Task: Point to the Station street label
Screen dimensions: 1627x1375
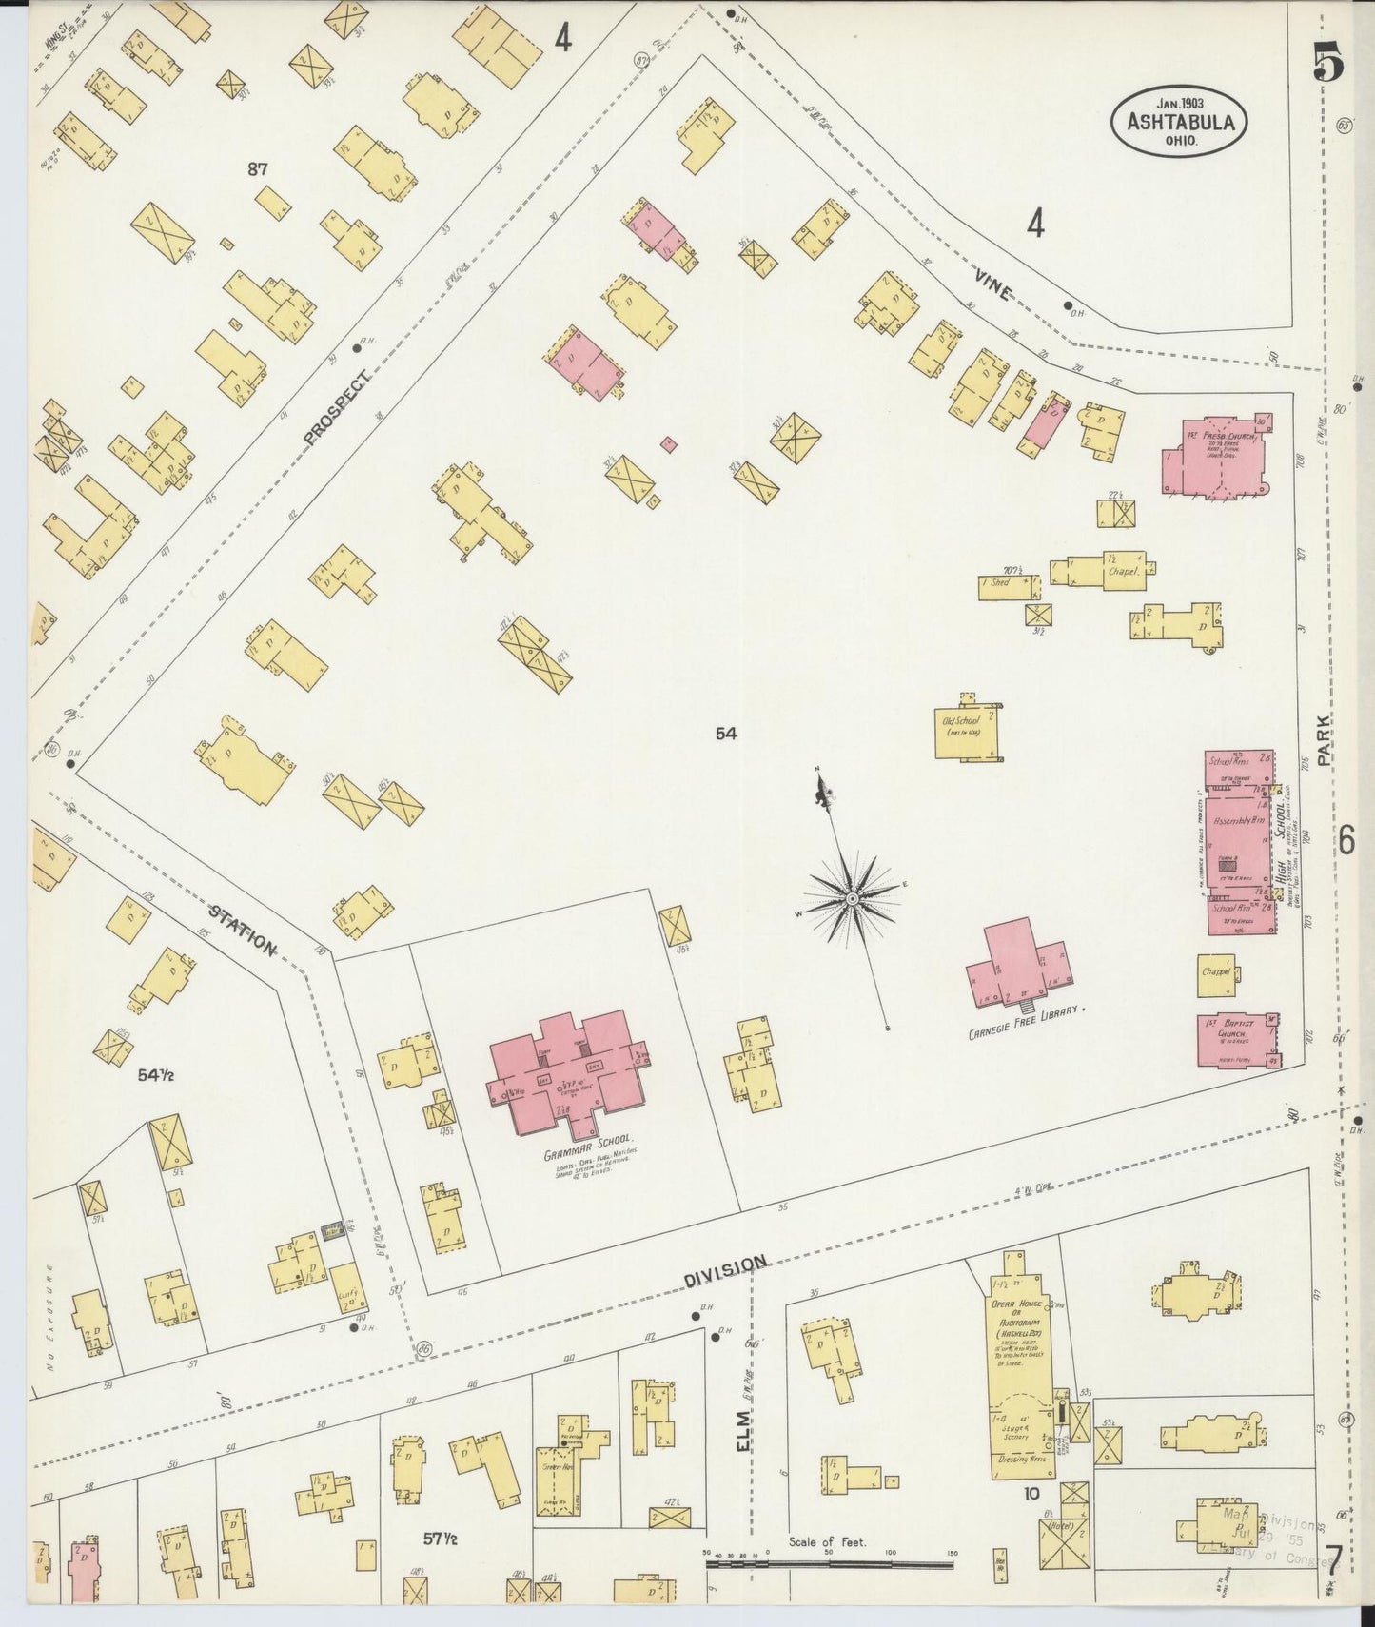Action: point(243,931)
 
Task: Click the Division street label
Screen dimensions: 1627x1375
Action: point(724,1269)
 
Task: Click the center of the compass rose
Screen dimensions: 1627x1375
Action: point(853,898)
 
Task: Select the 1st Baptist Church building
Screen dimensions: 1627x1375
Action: point(1237,1041)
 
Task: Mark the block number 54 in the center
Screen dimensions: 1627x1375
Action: point(727,733)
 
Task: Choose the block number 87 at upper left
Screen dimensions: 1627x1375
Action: point(257,169)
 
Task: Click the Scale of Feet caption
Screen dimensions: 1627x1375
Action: point(826,1541)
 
